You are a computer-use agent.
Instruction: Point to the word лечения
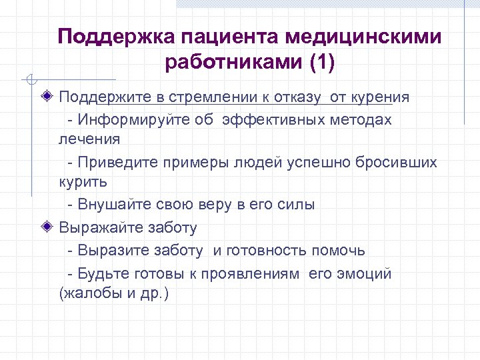pyautogui.click(x=89, y=139)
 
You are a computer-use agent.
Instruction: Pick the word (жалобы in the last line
pyautogui.click(x=86, y=293)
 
